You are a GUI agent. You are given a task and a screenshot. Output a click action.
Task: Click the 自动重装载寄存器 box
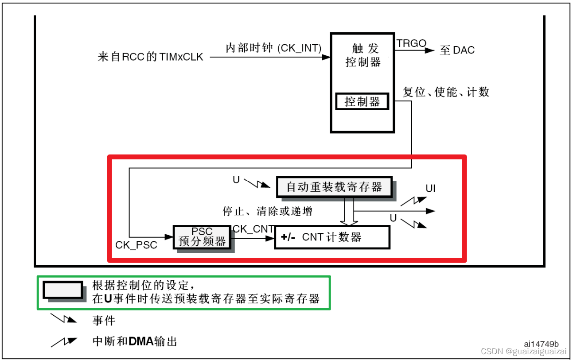tap(334, 187)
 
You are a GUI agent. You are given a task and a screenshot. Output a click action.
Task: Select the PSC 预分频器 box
tap(202, 237)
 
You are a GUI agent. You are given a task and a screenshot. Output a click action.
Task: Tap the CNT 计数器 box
tap(332, 237)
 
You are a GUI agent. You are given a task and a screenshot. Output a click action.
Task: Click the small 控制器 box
tap(362, 102)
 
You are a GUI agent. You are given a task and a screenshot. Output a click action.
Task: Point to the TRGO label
tap(411, 43)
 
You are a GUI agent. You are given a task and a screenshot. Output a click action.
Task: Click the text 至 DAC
tap(457, 50)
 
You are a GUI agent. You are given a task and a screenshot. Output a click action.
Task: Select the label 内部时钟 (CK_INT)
tap(273, 48)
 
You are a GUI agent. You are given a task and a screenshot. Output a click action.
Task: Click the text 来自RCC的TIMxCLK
tap(150, 57)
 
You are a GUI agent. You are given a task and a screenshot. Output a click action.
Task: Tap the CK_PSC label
tap(136, 245)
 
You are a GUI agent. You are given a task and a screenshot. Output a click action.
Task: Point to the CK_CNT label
tap(253, 228)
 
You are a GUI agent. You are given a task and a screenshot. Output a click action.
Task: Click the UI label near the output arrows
tap(430, 189)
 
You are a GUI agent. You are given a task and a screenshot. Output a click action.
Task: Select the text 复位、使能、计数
tap(446, 92)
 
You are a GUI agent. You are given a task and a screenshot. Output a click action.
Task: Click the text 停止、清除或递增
tap(267, 211)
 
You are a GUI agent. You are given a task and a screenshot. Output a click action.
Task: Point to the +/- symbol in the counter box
tap(288, 237)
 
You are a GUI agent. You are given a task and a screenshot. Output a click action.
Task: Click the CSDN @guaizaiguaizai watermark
tap(523, 352)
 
